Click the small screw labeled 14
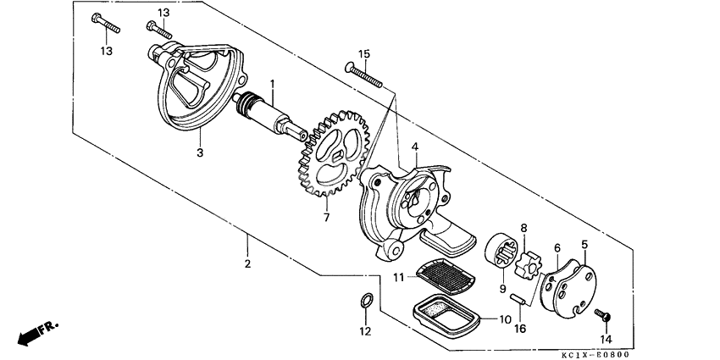pos(605,315)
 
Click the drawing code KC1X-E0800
pos(666,354)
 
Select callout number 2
pos(247,264)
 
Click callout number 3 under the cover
pos(200,152)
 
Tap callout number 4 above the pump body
pos(415,147)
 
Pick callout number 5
pos(584,246)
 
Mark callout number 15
pos(363,54)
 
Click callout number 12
pos(365,331)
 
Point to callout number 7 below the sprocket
pos(326,218)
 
